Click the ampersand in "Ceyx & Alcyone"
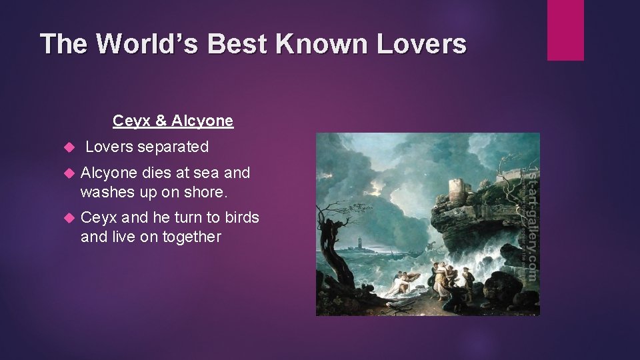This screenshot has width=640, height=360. pos(161,121)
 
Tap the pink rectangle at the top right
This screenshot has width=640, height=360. pos(565,30)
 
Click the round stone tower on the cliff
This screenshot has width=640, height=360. pos(458,190)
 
